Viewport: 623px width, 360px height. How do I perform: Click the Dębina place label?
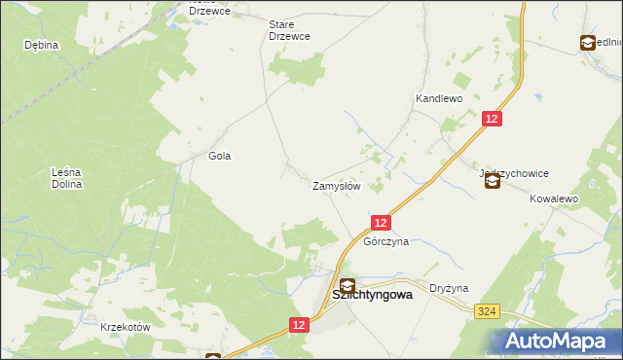(x=43, y=45)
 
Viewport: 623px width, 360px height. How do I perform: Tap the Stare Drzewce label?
(x=289, y=29)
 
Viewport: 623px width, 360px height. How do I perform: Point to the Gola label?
(x=220, y=156)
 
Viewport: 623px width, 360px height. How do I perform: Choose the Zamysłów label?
(x=337, y=185)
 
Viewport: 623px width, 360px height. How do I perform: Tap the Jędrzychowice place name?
(x=514, y=173)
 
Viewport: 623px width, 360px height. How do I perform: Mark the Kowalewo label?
(x=554, y=198)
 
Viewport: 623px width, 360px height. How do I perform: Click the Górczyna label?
(x=385, y=241)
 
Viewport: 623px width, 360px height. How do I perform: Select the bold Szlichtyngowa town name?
(x=373, y=293)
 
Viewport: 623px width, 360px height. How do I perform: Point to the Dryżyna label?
(x=450, y=288)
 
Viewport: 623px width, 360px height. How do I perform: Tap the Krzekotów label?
(x=126, y=328)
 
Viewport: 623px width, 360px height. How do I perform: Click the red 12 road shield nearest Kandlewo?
(x=493, y=118)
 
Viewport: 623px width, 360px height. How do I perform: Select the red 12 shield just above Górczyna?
(x=381, y=223)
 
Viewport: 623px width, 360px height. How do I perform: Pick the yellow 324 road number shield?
(x=489, y=310)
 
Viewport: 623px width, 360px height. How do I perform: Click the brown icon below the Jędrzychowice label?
(x=493, y=180)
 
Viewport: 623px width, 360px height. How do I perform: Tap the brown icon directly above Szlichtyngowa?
(x=348, y=286)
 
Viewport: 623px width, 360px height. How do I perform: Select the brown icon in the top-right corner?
(x=588, y=43)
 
